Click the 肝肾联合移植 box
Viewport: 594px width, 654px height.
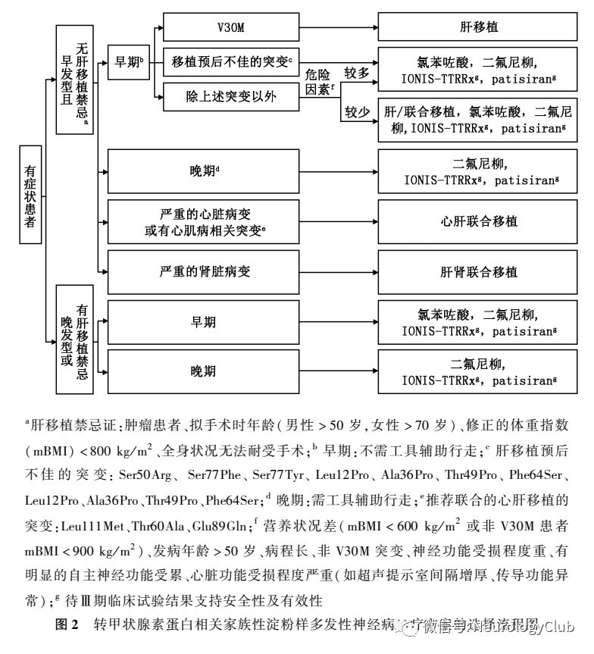478,271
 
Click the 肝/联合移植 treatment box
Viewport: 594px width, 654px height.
478,119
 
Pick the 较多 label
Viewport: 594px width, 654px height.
357,74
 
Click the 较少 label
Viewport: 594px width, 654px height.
357,112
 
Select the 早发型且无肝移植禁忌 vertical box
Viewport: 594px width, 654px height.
75,79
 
